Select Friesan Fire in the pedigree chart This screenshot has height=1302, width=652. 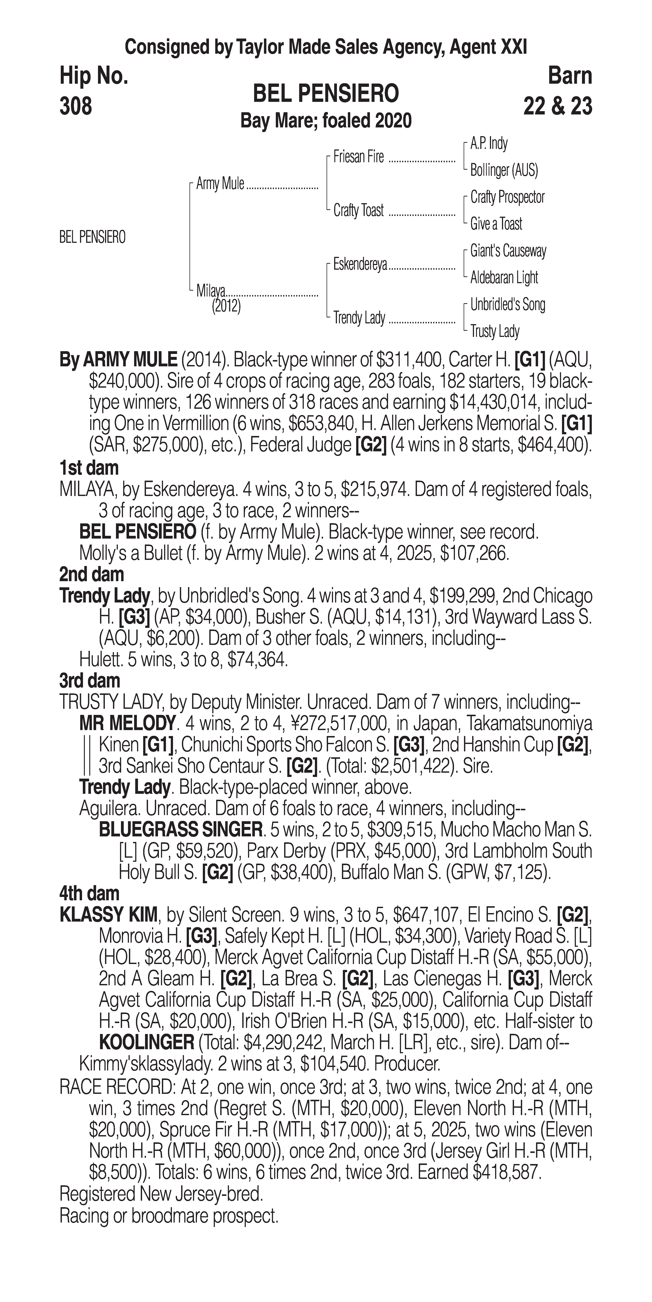(358, 157)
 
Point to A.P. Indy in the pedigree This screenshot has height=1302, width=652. (489, 144)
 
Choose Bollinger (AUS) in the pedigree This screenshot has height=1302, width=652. (504, 170)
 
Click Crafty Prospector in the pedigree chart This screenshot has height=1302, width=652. (507, 197)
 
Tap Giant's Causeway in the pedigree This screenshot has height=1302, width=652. (508, 251)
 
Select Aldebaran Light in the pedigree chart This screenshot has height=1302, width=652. (504, 277)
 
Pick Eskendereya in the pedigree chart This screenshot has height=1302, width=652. (360, 264)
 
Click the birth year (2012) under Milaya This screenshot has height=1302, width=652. (226, 306)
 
